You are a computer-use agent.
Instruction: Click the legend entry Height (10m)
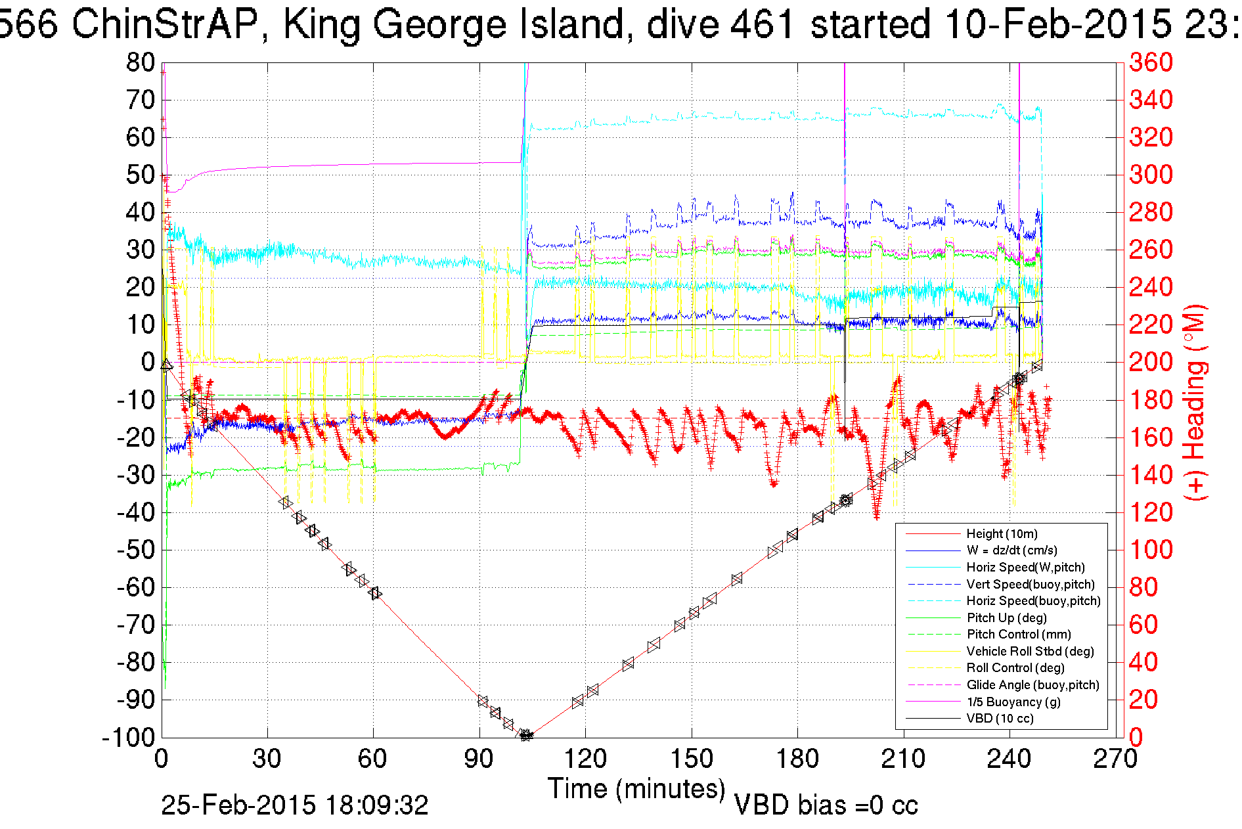[x=1002, y=534]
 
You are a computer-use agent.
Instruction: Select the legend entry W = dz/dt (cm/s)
[x=1011, y=550]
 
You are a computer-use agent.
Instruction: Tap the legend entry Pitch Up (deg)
[x=1006, y=618]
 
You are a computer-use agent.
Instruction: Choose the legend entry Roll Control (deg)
[x=1015, y=668]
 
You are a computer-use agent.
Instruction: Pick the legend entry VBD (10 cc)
[x=1000, y=719]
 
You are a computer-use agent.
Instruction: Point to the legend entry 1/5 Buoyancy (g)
[x=1013, y=702]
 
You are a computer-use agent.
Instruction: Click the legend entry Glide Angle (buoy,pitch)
[x=1032, y=685]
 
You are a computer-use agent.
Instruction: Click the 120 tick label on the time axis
[x=585, y=759]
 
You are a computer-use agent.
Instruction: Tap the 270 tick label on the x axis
[x=1115, y=759]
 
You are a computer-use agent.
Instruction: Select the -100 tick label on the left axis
[x=128, y=738]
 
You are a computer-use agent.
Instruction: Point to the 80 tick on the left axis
[x=141, y=63]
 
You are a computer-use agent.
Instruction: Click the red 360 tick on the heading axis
[x=1151, y=63]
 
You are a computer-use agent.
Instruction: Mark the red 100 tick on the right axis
[x=1151, y=550]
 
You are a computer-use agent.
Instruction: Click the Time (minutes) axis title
[x=636, y=788]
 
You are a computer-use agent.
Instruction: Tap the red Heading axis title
[x=1195, y=402]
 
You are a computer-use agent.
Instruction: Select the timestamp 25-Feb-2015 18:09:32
[x=295, y=805]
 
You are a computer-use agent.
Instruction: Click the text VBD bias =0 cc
[x=826, y=805]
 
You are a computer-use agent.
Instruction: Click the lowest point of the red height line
[x=526, y=736]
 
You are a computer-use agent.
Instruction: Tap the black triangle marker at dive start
[x=167, y=365]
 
